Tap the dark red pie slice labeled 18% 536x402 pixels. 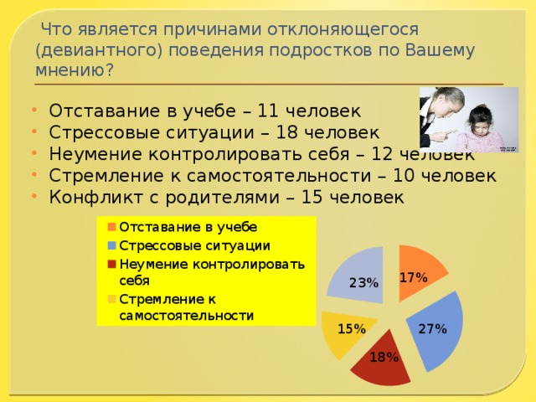pyautogui.click(x=381, y=364)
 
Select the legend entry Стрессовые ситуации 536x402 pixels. pyautogui.click(x=193, y=245)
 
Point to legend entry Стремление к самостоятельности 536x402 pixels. pyautogui.click(x=184, y=307)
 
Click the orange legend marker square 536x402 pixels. pyautogui.click(x=111, y=227)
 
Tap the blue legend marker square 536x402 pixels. pyautogui.click(x=111, y=245)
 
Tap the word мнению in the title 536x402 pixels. pyautogui.click(x=70, y=70)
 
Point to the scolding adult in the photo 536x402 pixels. pyautogui.click(x=442, y=117)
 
